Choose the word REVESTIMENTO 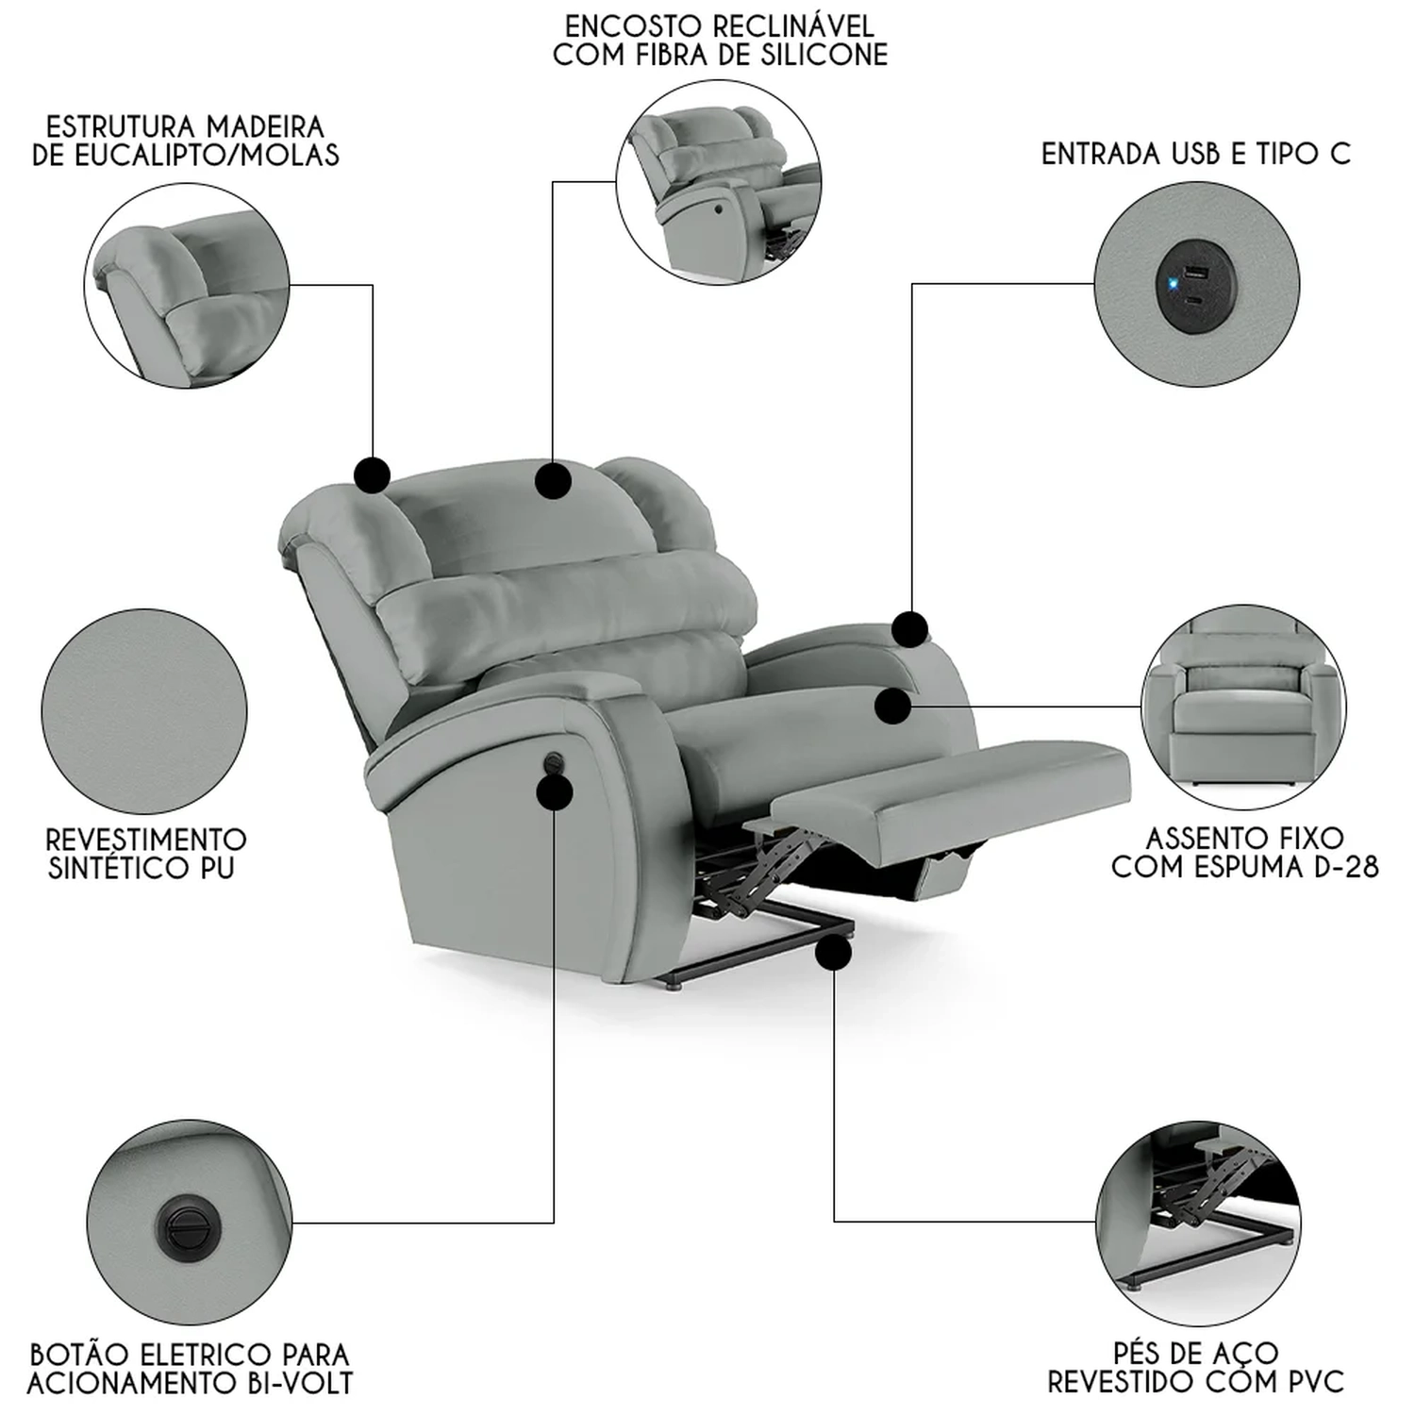(146, 840)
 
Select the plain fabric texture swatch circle (144, 711)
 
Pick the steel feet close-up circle (1197, 1224)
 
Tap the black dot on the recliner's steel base (834, 953)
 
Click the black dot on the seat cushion (893, 706)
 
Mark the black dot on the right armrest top (910, 629)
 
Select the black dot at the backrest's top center (553, 481)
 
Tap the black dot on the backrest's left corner (373, 474)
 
